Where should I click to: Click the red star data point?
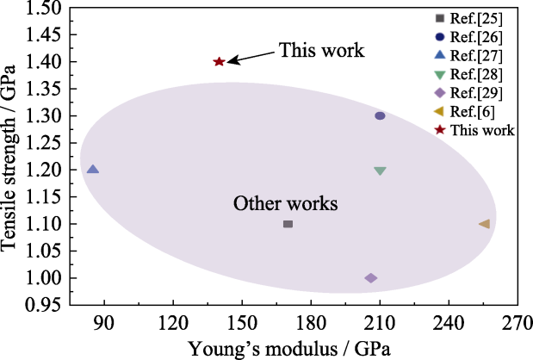[x=219, y=62]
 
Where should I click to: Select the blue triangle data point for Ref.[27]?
[x=93, y=170]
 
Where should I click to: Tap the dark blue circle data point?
[x=380, y=116]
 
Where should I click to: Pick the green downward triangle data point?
[x=380, y=171]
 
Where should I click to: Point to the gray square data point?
[x=288, y=224]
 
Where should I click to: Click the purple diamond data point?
[x=371, y=278]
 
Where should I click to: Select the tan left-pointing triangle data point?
[x=484, y=224]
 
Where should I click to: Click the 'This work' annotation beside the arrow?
[x=321, y=51]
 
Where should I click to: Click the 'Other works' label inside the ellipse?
[x=285, y=204]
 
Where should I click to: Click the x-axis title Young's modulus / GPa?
[x=292, y=348]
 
